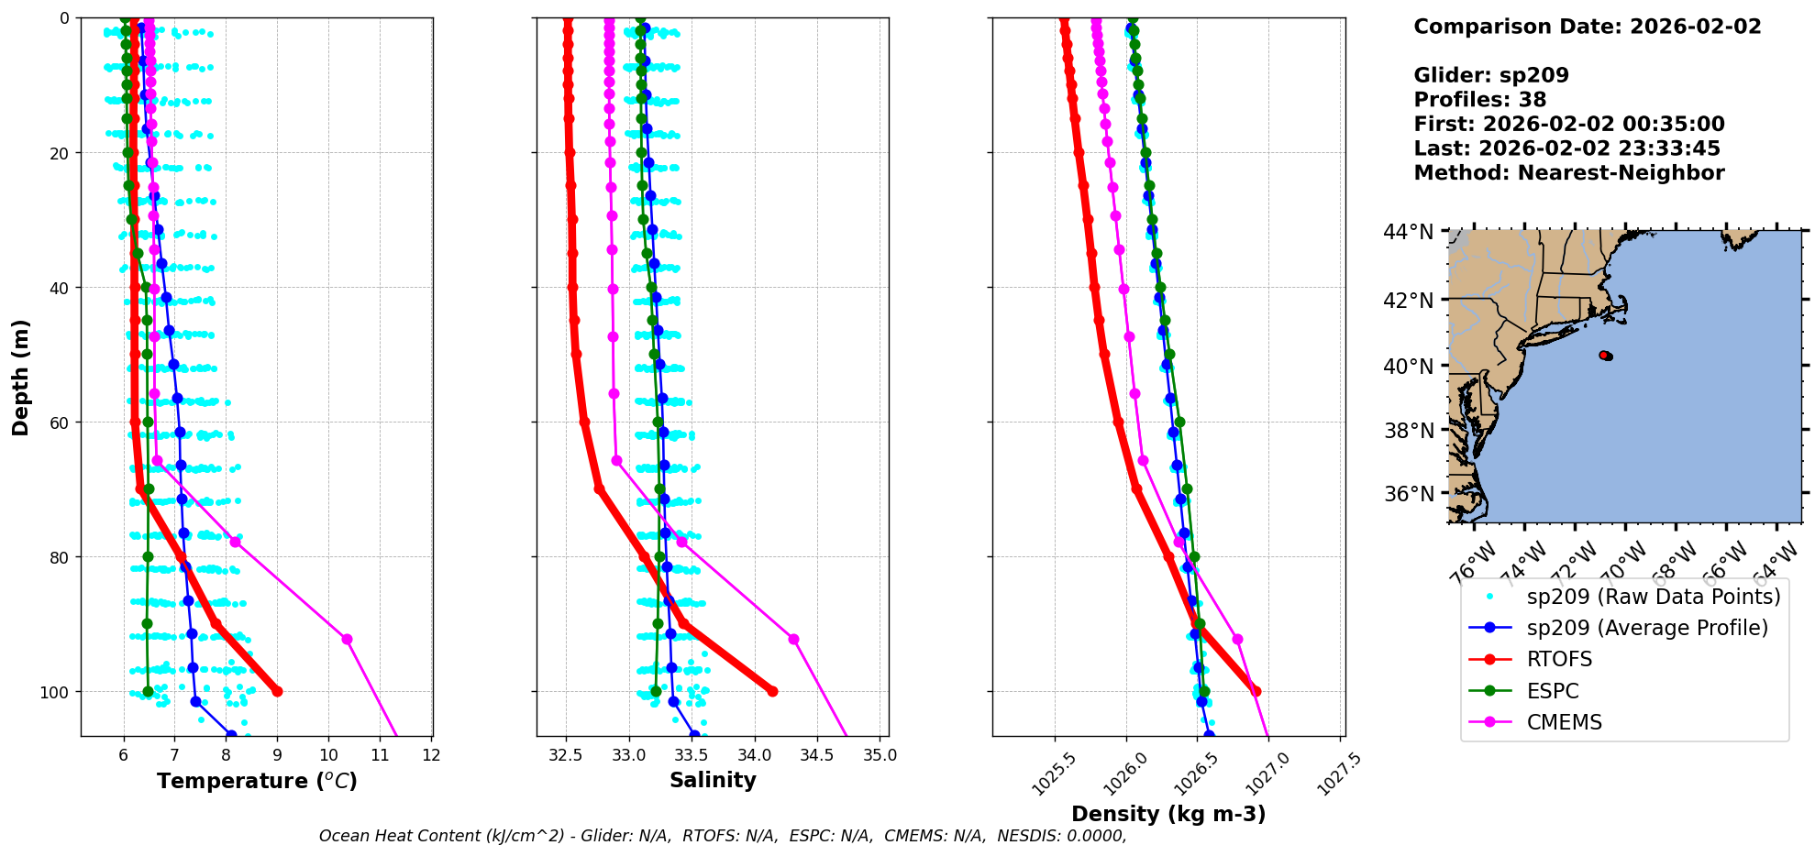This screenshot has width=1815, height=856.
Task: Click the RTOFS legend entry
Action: click(x=1559, y=660)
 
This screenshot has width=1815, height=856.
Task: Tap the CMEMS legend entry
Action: click(x=1564, y=722)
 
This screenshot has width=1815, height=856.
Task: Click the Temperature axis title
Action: click(x=257, y=781)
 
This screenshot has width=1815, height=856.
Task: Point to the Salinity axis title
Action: click(x=713, y=780)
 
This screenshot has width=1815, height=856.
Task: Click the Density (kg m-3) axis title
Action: click(x=1168, y=814)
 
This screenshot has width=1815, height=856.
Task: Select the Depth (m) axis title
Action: click(x=20, y=377)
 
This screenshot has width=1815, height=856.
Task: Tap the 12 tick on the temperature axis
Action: click(x=432, y=755)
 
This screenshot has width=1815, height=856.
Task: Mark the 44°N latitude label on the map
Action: click(x=1408, y=232)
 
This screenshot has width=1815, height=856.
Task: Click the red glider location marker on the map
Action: click(x=1605, y=356)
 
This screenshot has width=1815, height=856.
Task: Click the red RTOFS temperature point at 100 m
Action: click(x=277, y=691)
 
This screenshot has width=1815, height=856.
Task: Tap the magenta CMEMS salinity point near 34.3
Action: click(x=793, y=639)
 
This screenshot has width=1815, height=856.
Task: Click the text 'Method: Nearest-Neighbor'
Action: click(x=1568, y=173)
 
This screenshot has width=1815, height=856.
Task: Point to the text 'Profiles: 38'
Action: click(x=1479, y=100)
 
